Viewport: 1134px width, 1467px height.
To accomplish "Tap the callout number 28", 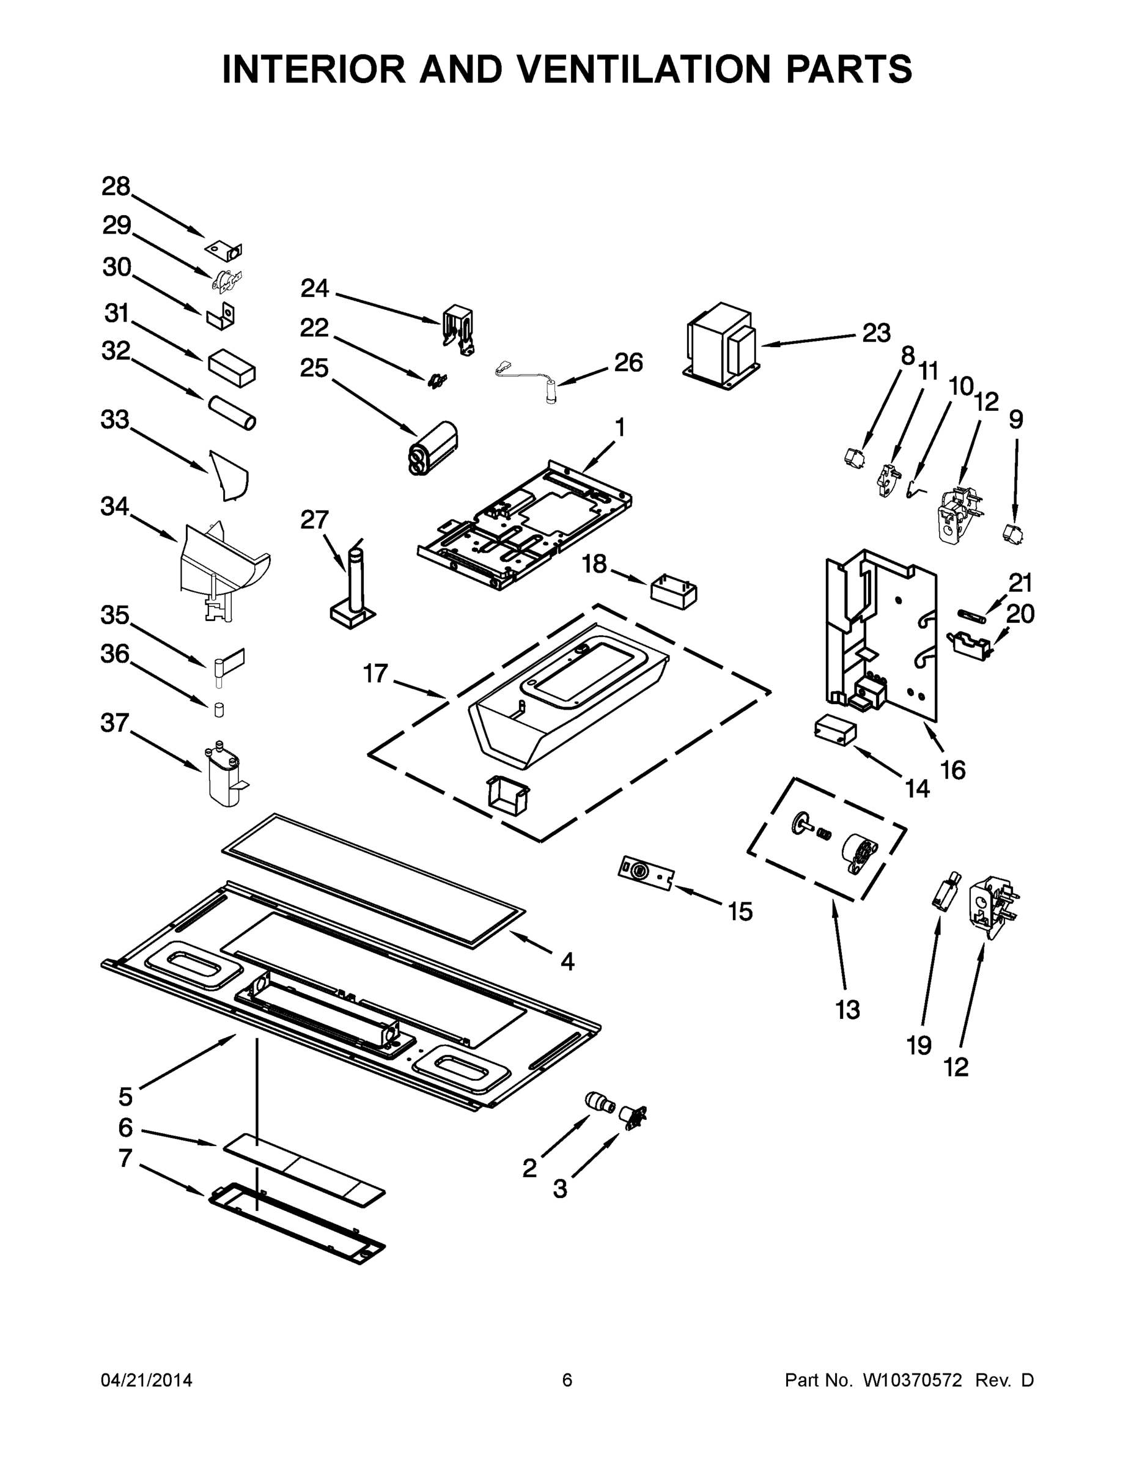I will (x=116, y=186).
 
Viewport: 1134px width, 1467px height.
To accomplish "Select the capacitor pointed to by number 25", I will (x=433, y=449).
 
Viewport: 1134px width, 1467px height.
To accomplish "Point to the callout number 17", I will (x=375, y=673).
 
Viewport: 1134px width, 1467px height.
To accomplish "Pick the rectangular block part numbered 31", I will (x=232, y=367).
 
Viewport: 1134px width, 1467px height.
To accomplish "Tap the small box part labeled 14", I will (x=835, y=730).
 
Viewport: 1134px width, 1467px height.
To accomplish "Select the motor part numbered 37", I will (x=224, y=774).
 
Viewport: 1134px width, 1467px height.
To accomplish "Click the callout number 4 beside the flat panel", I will (x=568, y=962).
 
